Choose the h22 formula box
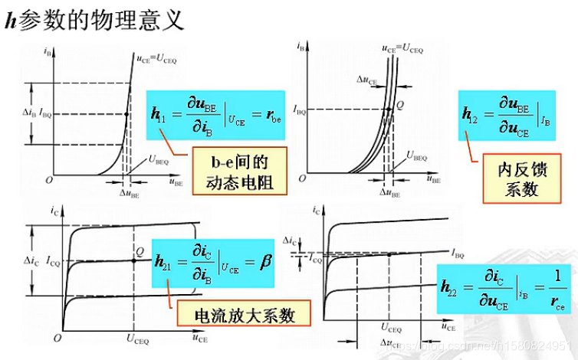[503, 290]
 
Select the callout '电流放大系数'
[244, 315]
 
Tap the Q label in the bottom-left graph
[139, 250]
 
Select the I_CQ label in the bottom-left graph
[50, 261]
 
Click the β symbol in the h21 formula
[265, 262]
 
